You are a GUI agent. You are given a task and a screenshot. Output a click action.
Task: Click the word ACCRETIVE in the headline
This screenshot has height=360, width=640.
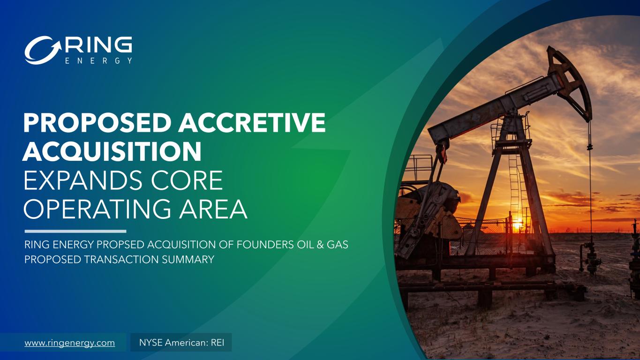[x=252, y=122]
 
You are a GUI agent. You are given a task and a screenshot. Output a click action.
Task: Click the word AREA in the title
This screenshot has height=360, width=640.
[x=213, y=209]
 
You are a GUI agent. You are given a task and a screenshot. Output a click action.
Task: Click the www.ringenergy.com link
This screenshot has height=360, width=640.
[x=70, y=343]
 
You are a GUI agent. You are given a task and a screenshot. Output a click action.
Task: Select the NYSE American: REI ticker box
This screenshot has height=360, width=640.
[x=181, y=342]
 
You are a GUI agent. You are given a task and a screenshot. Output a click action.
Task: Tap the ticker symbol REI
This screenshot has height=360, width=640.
[x=218, y=342]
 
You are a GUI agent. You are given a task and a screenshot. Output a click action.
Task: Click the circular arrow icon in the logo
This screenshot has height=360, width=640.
[x=43, y=50]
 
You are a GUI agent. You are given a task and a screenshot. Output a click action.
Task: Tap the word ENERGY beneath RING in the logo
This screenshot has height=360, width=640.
[x=99, y=61]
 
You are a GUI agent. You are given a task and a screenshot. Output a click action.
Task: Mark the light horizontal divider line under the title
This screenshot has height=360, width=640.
[x=75, y=231]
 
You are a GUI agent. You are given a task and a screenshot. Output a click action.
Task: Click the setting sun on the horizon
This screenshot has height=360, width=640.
[x=518, y=224]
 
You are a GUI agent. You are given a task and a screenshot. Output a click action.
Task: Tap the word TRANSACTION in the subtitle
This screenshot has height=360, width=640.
[x=121, y=259]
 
